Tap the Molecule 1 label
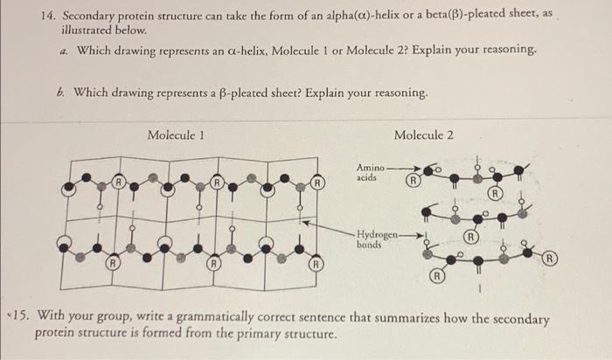point(177,135)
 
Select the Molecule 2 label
point(424,135)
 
